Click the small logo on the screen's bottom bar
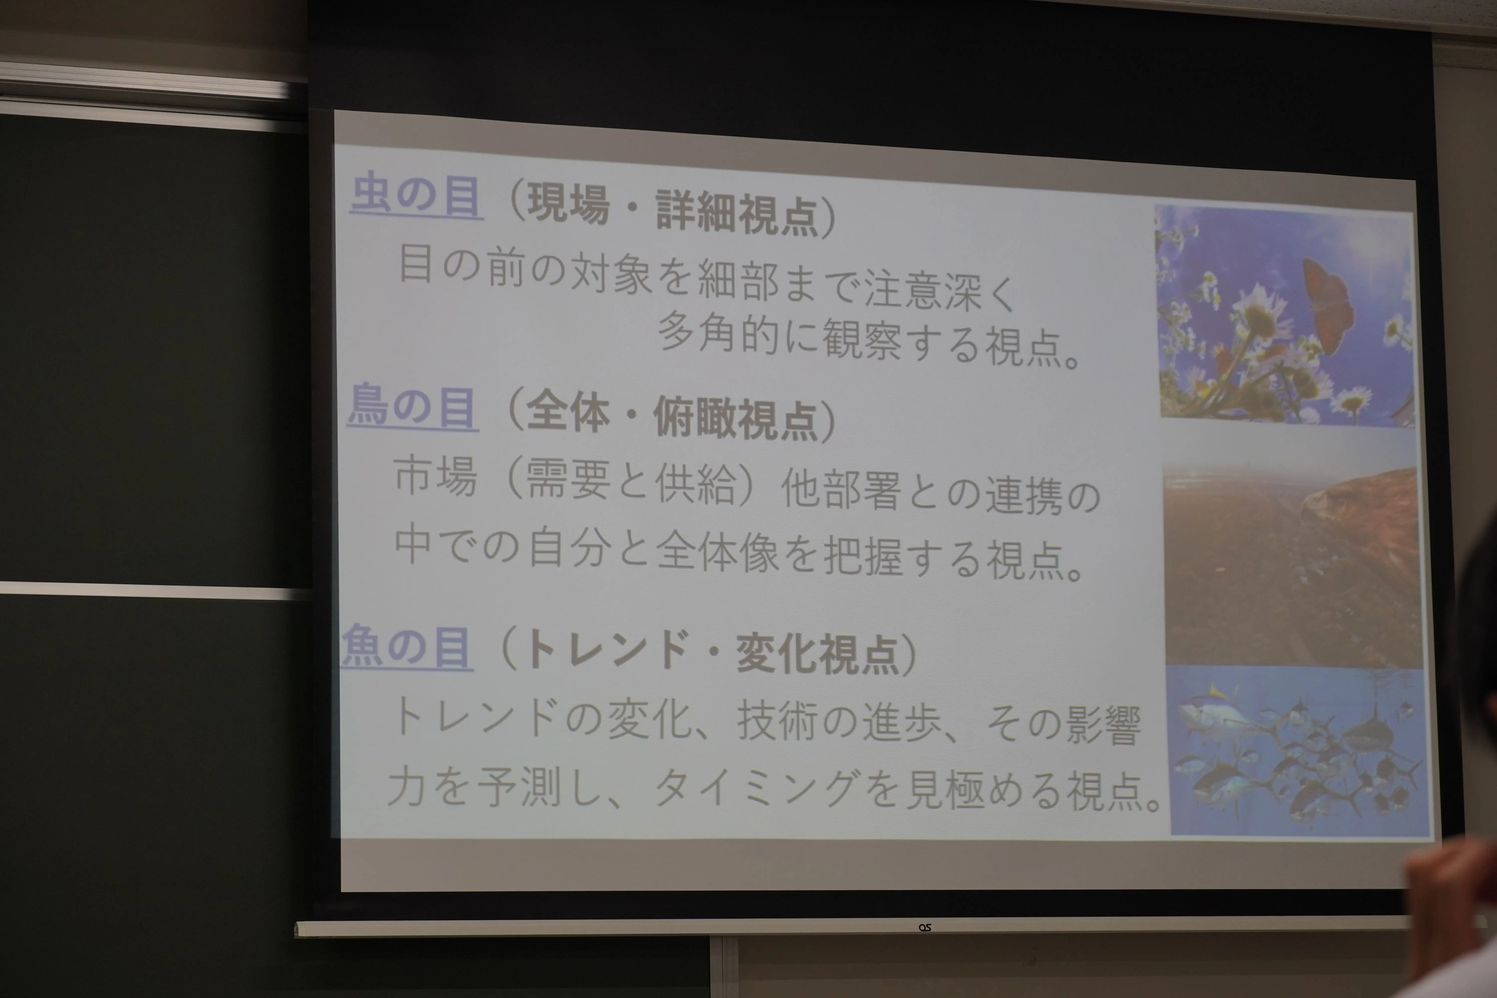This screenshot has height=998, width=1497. pos(925,928)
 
